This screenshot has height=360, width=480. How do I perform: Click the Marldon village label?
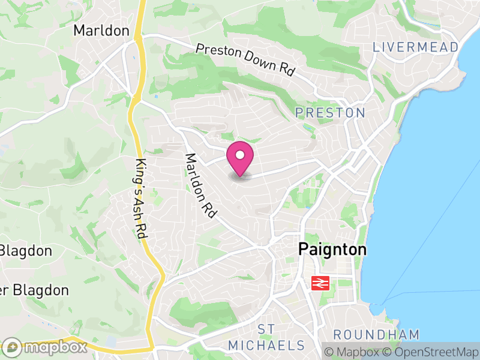point(101,31)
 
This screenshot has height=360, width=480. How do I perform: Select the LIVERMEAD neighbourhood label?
point(415,47)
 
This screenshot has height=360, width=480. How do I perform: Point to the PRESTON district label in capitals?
point(330,113)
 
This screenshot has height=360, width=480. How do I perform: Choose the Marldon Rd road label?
point(200,186)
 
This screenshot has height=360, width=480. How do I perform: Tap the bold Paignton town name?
point(332,250)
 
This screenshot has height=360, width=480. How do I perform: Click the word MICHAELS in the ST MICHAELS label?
point(266,345)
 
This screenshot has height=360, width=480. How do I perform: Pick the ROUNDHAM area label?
point(376,334)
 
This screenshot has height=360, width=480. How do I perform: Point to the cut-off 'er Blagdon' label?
point(34,290)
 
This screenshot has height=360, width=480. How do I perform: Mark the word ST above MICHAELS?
point(266,329)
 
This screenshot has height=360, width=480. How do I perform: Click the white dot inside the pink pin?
point(240,155)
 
